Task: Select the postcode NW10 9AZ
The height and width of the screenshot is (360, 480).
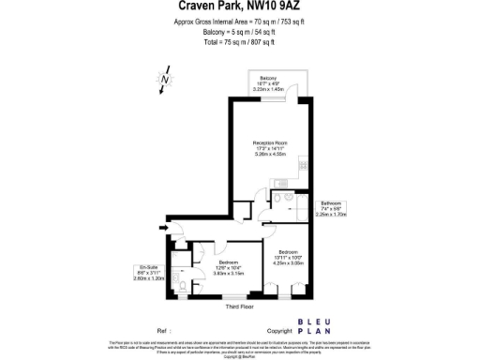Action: [x=279, y=7]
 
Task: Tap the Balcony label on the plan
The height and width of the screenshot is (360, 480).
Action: [x=269, y=78]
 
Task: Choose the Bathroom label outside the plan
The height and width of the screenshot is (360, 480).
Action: [x=332, y=203]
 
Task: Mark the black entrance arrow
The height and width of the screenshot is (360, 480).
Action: [x=166, y=227]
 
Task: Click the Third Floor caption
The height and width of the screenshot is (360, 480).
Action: [x=240, y=307]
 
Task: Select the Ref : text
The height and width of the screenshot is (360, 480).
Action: [x=165, y=330]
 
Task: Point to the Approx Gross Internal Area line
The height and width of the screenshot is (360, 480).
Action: [x=240, y=22]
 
